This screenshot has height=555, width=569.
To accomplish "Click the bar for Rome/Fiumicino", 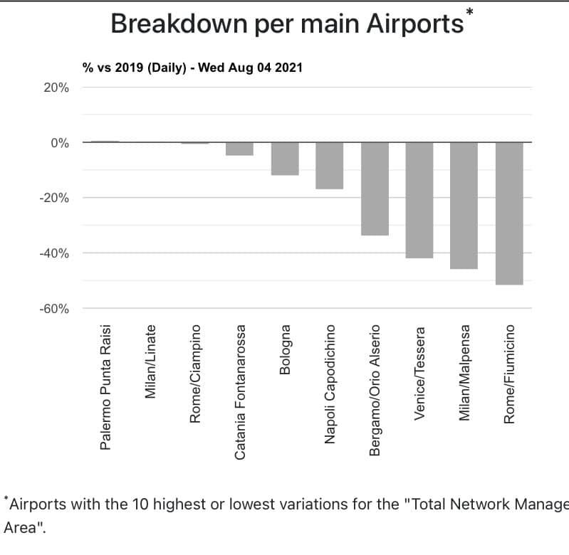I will click(x=509, y=213).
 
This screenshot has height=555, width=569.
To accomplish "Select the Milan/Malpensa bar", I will click(x=464, y=206).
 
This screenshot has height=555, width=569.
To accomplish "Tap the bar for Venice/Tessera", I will click(x=419, y=200).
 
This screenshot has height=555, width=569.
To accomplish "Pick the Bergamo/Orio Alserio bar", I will click(x=375, y=189).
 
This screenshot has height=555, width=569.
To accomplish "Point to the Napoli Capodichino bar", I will click(x=330, y=165).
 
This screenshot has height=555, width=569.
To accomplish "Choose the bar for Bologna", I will click(x=285, y=159).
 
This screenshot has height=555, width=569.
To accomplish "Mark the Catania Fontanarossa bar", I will click(x=239, y=149).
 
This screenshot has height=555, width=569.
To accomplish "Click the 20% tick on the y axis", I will click(x=55, y=88).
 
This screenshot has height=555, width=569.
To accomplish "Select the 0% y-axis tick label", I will click(x=59, y=142).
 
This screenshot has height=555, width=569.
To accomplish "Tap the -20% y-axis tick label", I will click(x=54, y=198).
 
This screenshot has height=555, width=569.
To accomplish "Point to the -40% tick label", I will click(x=54, y=253).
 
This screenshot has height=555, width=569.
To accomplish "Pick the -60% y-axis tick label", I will click(x=54, y=309).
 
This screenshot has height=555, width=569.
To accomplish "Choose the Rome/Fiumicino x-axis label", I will click(x=509, y=375).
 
